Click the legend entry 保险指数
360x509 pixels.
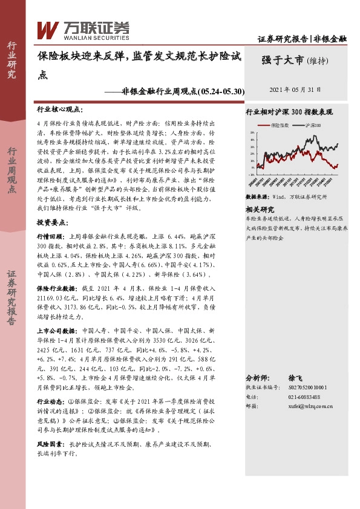click(280, 125)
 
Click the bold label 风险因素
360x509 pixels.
click(50, 444)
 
